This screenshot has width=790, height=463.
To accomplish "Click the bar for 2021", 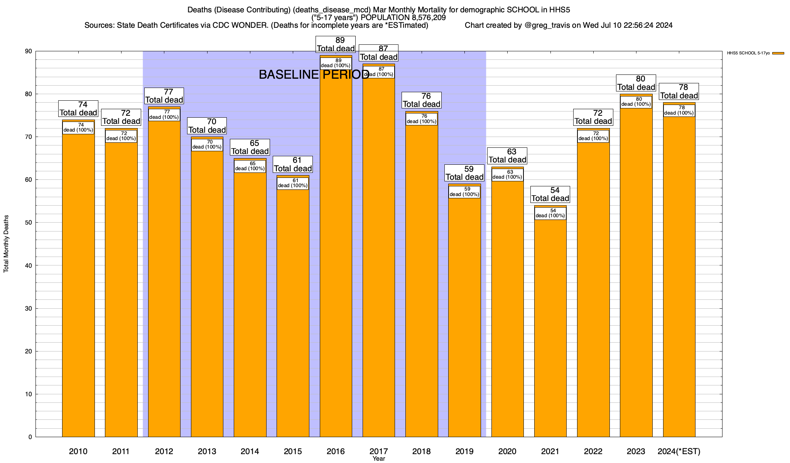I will [550, 328].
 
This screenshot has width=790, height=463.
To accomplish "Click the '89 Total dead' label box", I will [336, 44].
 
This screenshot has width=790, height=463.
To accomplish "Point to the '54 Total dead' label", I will [550, 194].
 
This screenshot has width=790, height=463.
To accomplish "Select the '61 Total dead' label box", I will [293, 164].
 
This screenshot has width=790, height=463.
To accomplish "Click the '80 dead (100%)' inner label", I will [636, 102].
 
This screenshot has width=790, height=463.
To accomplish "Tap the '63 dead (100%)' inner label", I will [507, 175].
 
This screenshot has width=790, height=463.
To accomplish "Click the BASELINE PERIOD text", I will [314, 74].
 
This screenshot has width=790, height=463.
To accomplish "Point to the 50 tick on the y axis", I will [30, 223].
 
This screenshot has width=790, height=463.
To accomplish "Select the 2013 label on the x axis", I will [207, 451].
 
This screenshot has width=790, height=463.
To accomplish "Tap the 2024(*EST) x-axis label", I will [679, 451].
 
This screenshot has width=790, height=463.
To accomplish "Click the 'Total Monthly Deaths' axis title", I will [6, 244].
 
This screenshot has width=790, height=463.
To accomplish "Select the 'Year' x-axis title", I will [379, 459].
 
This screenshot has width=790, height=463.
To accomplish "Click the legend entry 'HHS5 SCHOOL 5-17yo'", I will [748, 53].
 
